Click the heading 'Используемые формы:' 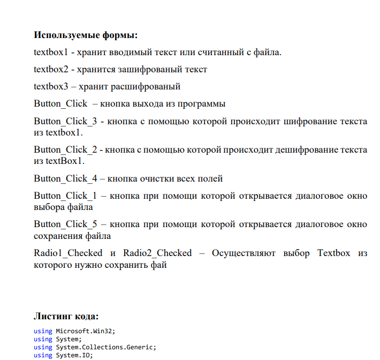[86, 35]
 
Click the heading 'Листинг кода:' [66, 316]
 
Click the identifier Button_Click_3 [65, 121]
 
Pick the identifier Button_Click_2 [65, 149]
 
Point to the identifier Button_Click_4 [65, 178]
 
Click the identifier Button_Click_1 [65, 196]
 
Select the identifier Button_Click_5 [65, 224]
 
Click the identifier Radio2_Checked [157, 253]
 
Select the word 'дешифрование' [306, 149]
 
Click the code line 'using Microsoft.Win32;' [74, 331]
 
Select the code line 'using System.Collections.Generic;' [95, 347]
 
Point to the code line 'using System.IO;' [64, 355]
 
